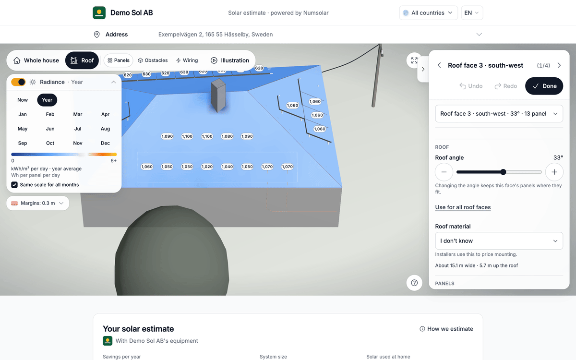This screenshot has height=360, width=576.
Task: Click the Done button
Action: point(544,86)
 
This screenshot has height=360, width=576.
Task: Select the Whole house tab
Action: point(36,60)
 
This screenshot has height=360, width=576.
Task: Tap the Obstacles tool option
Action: point(153,60)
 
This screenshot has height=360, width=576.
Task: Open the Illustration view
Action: point(229,60)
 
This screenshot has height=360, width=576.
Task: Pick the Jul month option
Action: point(78,129)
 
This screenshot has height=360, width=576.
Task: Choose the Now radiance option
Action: point(23,100)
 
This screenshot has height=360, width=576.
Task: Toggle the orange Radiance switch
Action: point(18,82)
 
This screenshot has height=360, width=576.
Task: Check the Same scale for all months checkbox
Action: point(14,185)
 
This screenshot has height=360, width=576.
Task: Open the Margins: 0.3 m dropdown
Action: point(37,203)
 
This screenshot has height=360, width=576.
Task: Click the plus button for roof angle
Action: point(554,172)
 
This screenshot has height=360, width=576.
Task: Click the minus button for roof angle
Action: point(444,172)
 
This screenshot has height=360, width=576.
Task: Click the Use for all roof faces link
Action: point(463,207)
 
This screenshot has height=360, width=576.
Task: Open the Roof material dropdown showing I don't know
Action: point(499,240)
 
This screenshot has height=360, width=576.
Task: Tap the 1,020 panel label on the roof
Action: point(207,167)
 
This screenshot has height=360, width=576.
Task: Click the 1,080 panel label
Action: point(227,136)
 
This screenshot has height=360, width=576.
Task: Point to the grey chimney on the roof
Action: point(218,95)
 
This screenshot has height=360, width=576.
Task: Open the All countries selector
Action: point(428,13)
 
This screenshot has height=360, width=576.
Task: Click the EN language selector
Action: point(472,13)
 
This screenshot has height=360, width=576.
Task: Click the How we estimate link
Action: point(446,329)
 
